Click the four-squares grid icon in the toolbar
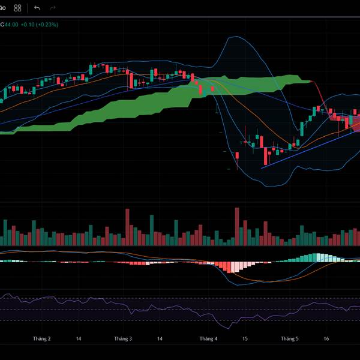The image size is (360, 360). click(x=17, y=8)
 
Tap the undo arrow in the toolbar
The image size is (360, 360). click(x=37, y=8)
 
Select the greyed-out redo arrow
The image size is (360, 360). click(x=53, y=8)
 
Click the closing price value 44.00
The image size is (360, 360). click(x=11, y=24)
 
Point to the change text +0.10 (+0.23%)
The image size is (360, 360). click(x=39, y=24)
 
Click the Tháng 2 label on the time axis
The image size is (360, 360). click(x=41, y=339)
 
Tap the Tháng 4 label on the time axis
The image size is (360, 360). click(x=208, y=339)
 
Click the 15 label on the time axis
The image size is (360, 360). click(x=245, y=339)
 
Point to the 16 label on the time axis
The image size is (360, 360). click(x=326, y=339)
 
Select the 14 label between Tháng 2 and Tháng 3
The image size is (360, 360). click(x=79, y=339)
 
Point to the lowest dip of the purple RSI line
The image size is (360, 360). click(x=229, y=328)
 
